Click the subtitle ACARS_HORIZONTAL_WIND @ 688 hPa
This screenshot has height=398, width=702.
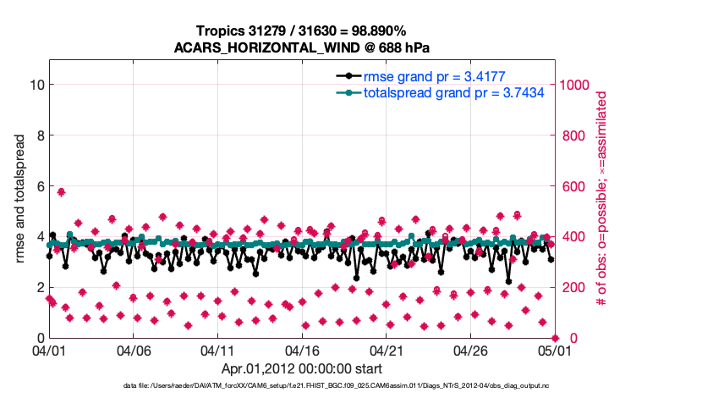pyautogui.click(x=302, y=47)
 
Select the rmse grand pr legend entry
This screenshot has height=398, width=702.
pyautogui.click(x=435, y=76)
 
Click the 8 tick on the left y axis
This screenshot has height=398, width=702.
pyautogui.click(x=39, y=135)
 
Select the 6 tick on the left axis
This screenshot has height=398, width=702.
pyautogui.click(x=39, y=186)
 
